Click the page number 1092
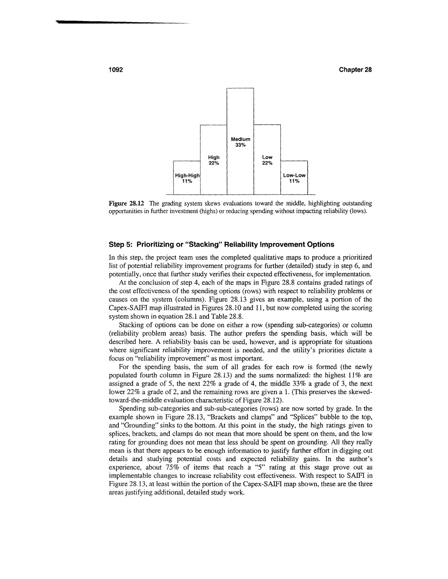(x=116, y=70)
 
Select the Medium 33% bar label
(x=240, y=142)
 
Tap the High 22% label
(x=214, y=160)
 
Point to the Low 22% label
(x=267, y=160)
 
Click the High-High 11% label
(x=187, y=178)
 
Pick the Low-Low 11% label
(x=294, y=178)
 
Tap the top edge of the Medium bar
(x=240, y=88)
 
